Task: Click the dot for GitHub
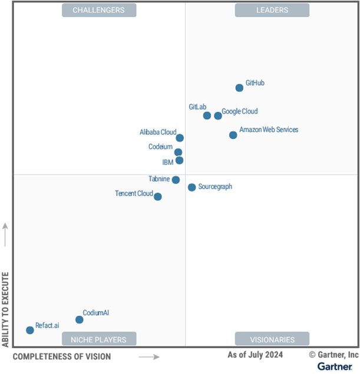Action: (239, 88)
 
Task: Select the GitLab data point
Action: (207, 115)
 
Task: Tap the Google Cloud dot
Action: (218, 115)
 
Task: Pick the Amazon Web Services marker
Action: (233, 135)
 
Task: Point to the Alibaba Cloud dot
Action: (180, 138)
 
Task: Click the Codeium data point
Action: (178, 152)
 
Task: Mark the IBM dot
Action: (179, 160)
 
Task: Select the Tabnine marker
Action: (176, 180)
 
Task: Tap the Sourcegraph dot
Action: (191, 187)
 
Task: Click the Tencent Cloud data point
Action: (157, 197)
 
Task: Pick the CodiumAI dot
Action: (80, 320)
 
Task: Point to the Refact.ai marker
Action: (30, 330)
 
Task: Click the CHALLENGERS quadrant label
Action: (98, 10)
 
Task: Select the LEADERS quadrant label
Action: (272, 10)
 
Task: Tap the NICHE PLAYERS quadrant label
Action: (98, 339)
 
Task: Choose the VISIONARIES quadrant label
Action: (272, 339)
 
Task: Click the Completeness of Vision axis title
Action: (61, 356)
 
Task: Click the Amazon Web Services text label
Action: (269, 130)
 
